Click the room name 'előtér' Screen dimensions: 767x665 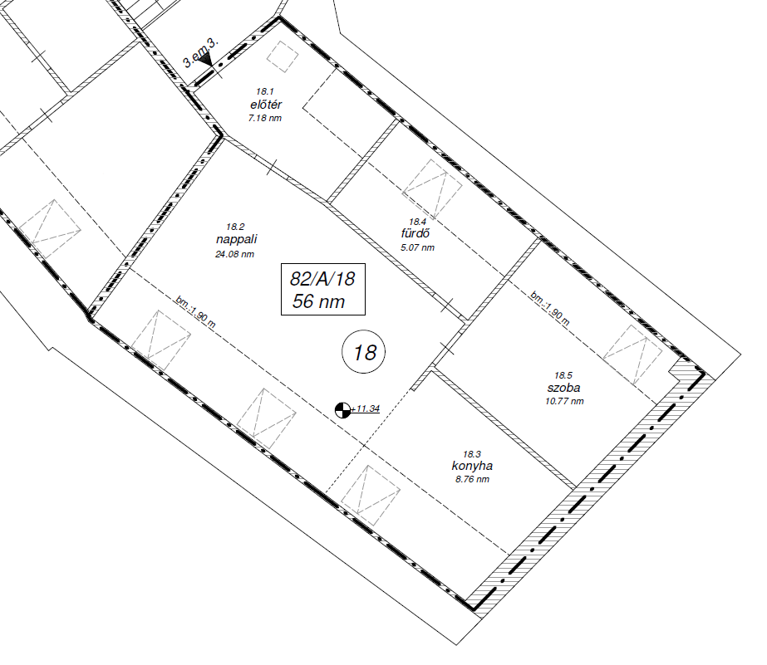(266, 105)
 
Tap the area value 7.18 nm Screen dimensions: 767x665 (264, 118)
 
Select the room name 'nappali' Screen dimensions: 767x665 (236, 239)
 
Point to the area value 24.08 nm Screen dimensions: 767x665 (234, 254)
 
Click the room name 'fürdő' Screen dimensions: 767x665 (415, 233)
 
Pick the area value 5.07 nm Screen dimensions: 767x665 (417, 247)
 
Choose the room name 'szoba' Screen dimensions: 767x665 (563, 388)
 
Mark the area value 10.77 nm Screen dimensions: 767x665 (564, 401)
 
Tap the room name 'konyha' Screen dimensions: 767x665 (472, 466)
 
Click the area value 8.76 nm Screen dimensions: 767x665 (472, 479)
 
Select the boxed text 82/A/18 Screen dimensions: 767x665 (322, 279)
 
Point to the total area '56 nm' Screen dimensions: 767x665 (318, 301)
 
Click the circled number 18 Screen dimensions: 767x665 (363, 352)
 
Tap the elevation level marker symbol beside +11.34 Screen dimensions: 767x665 (343, 410)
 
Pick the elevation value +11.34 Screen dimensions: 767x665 (366, 408)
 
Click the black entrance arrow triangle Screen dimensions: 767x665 (206, 60)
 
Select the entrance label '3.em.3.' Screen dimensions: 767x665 (200, 52)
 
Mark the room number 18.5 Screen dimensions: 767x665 (563, 375)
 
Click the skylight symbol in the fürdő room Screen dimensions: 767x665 (432, 189)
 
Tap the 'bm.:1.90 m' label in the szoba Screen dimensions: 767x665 (550, 308)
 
